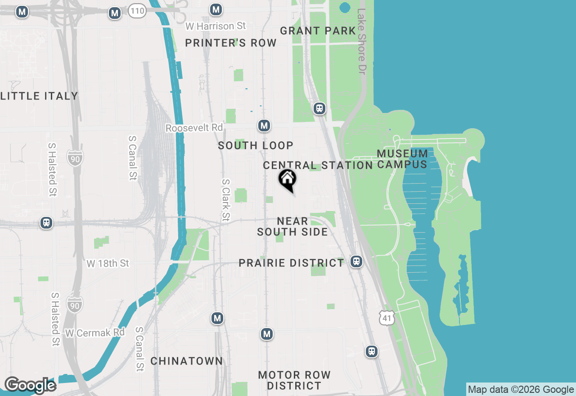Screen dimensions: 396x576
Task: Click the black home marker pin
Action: [x=287, y=180]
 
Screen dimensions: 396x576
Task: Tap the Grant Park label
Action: [x=318, y=31]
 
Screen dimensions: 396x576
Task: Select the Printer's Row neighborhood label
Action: [x=231, y=43]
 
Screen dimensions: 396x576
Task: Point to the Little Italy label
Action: [x=39, y=96]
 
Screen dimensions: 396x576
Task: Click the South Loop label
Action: [x=256, y=145]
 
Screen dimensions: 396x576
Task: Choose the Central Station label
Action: [x=318, y=165]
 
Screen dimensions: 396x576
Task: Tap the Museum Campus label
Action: [x=402, y=159]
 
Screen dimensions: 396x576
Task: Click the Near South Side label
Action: [x=292, y=226]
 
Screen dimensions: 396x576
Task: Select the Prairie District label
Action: [x=291, y=263]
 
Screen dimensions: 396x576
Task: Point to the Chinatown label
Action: [x=186, y=361]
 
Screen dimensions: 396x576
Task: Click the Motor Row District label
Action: [x=294, y=380]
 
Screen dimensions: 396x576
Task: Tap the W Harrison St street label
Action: [x=216, y=26]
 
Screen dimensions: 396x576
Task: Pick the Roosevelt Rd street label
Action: [x=194, y=128]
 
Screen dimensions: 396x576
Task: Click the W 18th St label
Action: [x=108, y=263]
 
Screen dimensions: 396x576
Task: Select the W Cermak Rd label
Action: [x=94, y=333]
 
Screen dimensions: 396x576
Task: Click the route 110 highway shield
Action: [x=137, y=11]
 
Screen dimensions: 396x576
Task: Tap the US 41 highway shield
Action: [x=387, y=318]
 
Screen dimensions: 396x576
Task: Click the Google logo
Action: [x=30, y=385]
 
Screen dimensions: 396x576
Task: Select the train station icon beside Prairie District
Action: [x=356, y=261]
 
